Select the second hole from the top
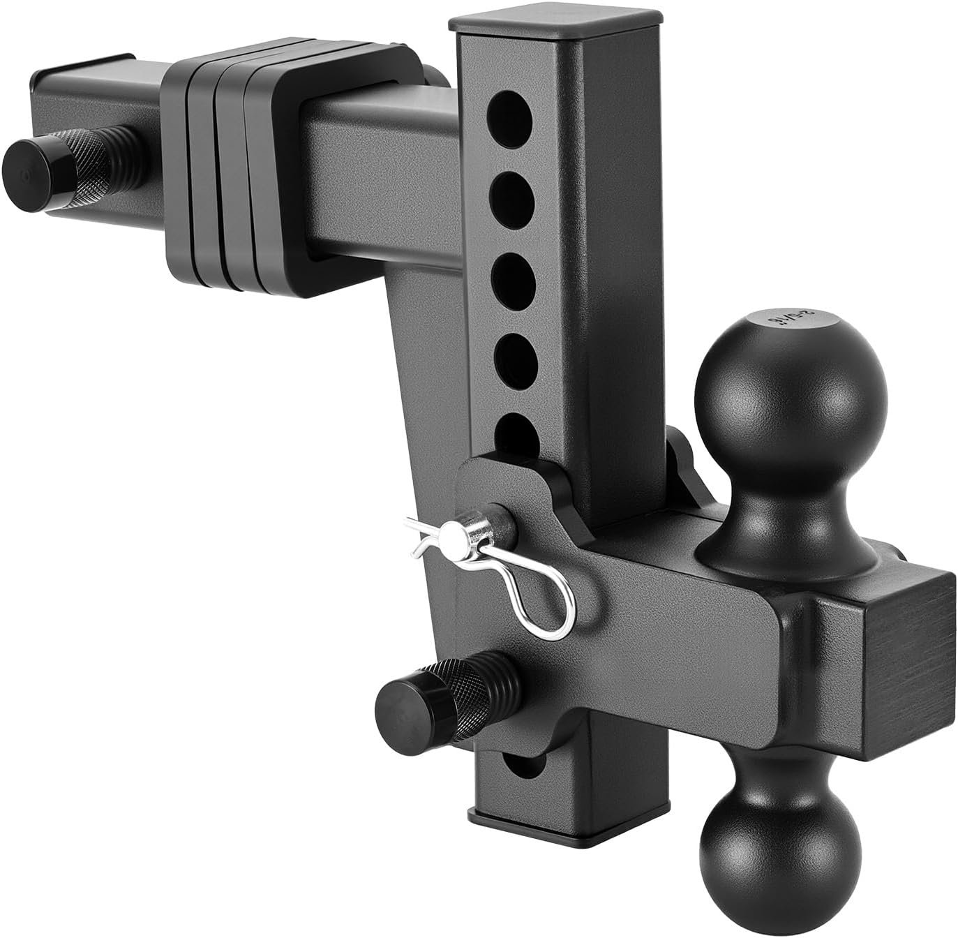click(515, 194)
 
